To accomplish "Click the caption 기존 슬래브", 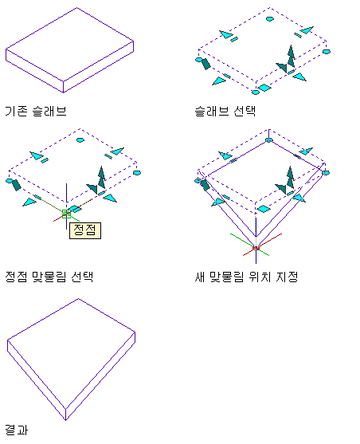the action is tap(36, 111).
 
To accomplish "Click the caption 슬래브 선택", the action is tap(225, 111).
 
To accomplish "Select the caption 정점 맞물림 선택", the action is tap(49, 277).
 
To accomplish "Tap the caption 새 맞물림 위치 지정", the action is tap(246, 277).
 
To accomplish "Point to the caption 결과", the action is tap(17, 430).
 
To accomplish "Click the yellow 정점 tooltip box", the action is tap(85, 230).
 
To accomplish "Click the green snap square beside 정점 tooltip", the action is tap(67, 214).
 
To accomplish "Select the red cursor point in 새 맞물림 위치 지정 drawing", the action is tap(256, 249).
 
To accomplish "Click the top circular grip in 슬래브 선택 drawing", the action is tap(270, 19).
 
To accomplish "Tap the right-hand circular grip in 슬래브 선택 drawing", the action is tap(327, 52).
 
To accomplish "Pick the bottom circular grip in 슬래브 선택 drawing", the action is tap(256, 92).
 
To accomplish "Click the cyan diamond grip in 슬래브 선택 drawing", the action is tap(264, 88).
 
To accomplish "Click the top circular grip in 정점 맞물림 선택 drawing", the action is tap(80, 139).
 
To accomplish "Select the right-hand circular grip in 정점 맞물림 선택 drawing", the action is tap(137, 173).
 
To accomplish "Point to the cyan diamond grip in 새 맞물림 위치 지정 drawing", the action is tap(264, 209).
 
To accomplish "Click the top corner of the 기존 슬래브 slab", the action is tap(77, 8).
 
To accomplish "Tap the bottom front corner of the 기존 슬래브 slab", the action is tap(63, 92).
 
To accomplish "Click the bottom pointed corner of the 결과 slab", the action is tap(65, 420).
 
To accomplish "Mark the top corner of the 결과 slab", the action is tap(78, 299).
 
